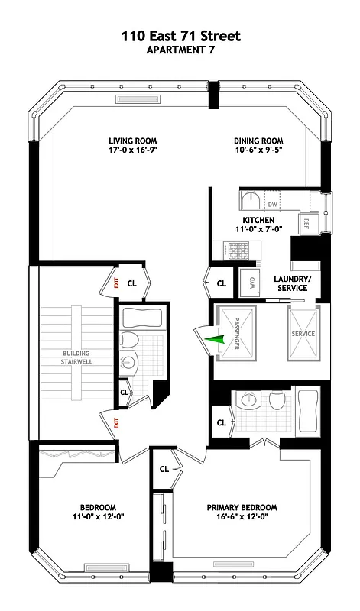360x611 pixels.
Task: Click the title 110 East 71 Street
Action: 180,36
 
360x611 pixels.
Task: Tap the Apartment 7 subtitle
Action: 180,50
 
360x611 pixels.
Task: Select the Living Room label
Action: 128,141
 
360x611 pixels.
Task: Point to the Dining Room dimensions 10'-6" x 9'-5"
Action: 258,151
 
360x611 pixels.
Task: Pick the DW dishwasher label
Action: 271,205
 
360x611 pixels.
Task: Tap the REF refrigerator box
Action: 305,223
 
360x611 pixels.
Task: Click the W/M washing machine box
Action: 248,283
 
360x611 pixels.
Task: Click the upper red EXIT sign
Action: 115,283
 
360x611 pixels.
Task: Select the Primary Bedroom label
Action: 242,507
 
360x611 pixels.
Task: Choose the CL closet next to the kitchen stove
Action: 222,283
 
